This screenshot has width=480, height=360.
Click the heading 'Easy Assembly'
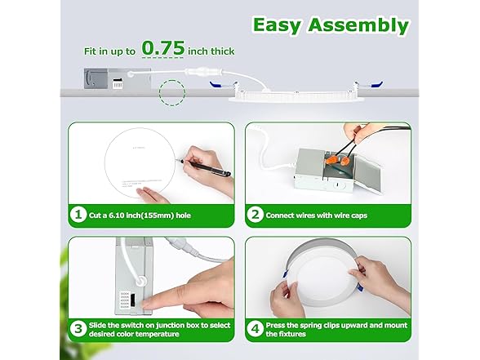(x=330, y=24)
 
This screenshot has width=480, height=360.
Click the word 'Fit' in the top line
(x=91, y=51)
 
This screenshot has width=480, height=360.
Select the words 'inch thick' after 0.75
(x=211, y=51)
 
